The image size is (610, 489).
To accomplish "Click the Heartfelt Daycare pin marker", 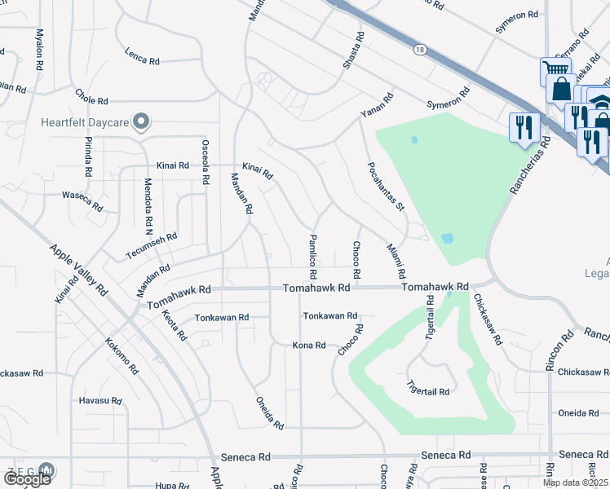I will (141, 122).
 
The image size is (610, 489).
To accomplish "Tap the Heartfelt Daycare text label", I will (86, 123).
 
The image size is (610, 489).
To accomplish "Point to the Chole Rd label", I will (91, 96).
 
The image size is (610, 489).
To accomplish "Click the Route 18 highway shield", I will (420, 50).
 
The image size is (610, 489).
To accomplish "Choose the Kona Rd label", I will (309, 346).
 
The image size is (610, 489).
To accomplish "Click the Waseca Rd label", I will (82, 200).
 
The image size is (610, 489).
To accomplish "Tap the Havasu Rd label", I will (99, 401).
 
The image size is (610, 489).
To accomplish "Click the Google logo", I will (26, 479).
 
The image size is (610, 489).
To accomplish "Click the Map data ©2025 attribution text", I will (575, 482).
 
